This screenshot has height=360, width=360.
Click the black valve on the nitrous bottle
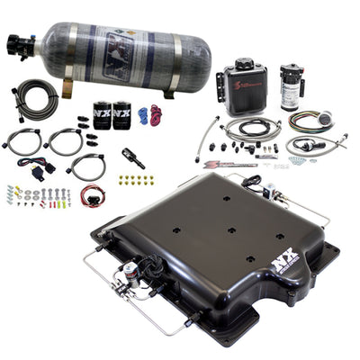pos(21,42)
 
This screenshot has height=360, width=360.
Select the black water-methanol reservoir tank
pos(242,87)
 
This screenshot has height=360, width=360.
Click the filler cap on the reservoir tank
pos(244,65)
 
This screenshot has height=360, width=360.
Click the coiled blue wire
pos(143,115)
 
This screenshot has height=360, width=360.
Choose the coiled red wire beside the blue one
pos(157,116)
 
